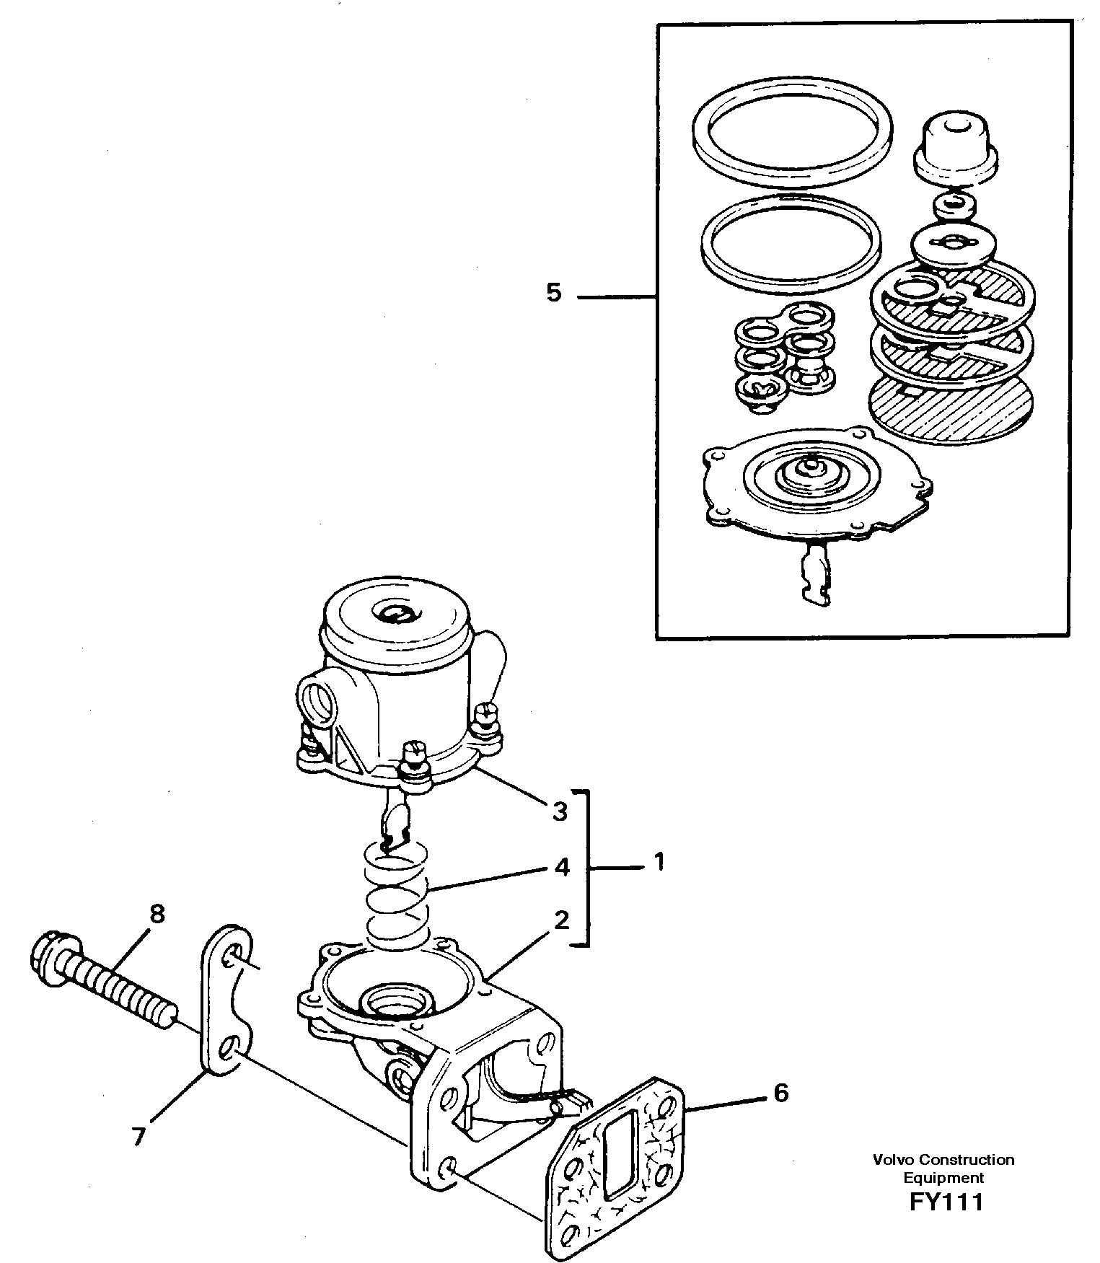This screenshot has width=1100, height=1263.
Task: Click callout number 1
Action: click(x=658, y=862)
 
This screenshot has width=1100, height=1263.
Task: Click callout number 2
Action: click(x=562, y=920)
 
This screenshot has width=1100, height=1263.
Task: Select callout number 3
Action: click(x=560, y=811)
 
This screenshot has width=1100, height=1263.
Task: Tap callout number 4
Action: click(x=562, y=866)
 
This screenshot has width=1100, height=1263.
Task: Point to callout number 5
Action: click(x=553, y=294)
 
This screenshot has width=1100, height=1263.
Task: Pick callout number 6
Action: click(x=780, y=1093)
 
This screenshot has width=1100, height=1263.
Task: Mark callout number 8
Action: click(x=157, y=914)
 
